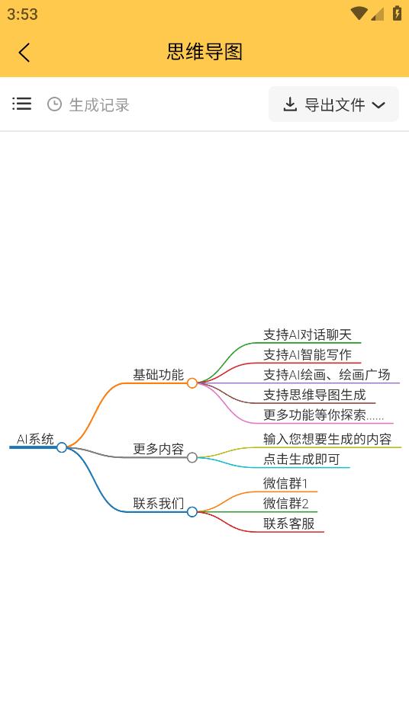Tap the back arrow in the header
pos(24,53)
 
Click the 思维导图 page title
pos(204,52)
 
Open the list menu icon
pos(22,104)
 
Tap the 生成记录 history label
pos(99,105)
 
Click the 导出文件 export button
pos(333,104)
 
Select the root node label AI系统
pos(35,439)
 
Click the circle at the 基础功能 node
pos(192,383)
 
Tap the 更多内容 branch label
pos(159,449)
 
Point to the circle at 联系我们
pos(192,512)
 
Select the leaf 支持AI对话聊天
pos(308,335)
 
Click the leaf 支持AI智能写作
pos(308,354)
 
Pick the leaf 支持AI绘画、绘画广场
pos(327,375)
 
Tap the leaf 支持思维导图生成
pos(314,395)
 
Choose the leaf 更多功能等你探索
pos(324,415)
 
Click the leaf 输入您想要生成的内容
pos(327,439)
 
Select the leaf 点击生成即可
pos(301,459)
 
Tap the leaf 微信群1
pos(285,484)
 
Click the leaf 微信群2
pos(286,504)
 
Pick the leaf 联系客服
pos(288,524)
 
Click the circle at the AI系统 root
pos(62,447)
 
